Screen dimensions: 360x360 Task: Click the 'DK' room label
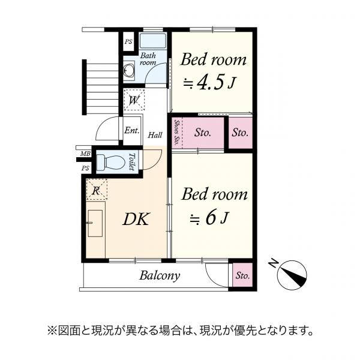click(x=136, y=220)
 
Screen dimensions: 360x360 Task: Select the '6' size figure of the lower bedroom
click(x=210, y=218)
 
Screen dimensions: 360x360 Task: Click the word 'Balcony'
click(x=160, y=276)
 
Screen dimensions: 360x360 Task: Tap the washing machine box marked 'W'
click(x=134, y=100)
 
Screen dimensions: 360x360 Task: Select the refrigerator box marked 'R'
click(x=97, y=190)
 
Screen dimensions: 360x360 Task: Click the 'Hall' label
click(x=155, y=136)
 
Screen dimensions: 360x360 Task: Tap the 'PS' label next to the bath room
click(x=128, y=42)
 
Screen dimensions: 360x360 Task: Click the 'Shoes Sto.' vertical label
click(x=176, y=133)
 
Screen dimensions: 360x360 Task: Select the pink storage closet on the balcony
click(x=242, y=276)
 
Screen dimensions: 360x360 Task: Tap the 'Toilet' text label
click(x=131, y=162)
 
